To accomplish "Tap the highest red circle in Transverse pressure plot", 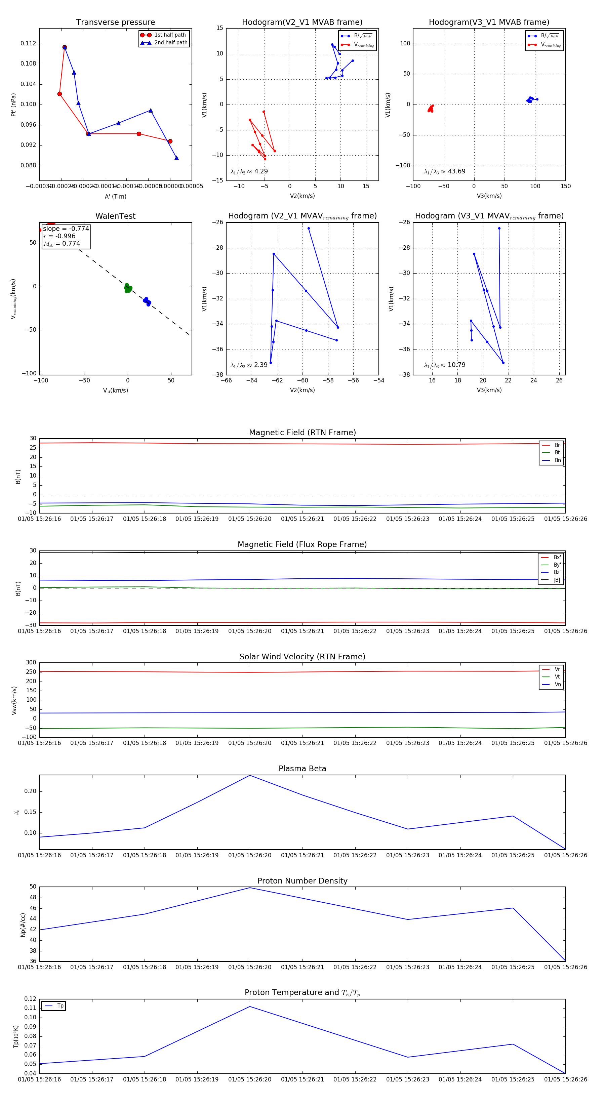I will (65, 47).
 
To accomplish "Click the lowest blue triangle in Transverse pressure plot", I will (176, 158).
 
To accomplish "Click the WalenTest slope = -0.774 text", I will (66, 229).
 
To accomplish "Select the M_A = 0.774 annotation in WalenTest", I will (62, 244).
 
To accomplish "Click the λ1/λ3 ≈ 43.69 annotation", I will (444, 171).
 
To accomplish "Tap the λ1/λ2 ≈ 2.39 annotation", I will (249, 365).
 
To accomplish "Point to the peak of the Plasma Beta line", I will (250, 775).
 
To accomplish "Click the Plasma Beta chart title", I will (302, 769).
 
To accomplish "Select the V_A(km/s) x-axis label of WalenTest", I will (115, 391).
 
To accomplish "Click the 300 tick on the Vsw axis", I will (31, 663).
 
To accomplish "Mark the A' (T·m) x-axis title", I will (115, 196).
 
